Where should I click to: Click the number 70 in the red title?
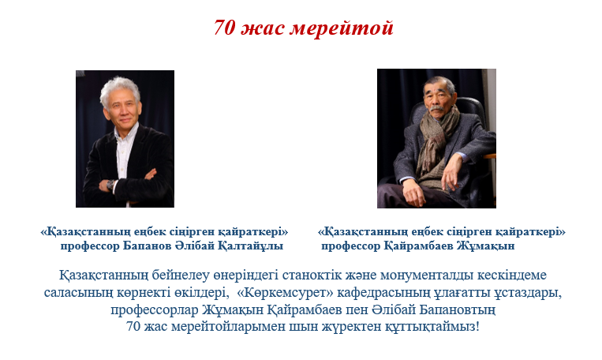224,28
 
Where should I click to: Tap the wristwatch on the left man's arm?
110,186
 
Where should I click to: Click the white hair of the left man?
119,88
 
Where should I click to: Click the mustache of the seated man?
437,109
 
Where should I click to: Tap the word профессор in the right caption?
351,246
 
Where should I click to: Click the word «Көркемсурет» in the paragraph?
286,293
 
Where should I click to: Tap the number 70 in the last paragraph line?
133,327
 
